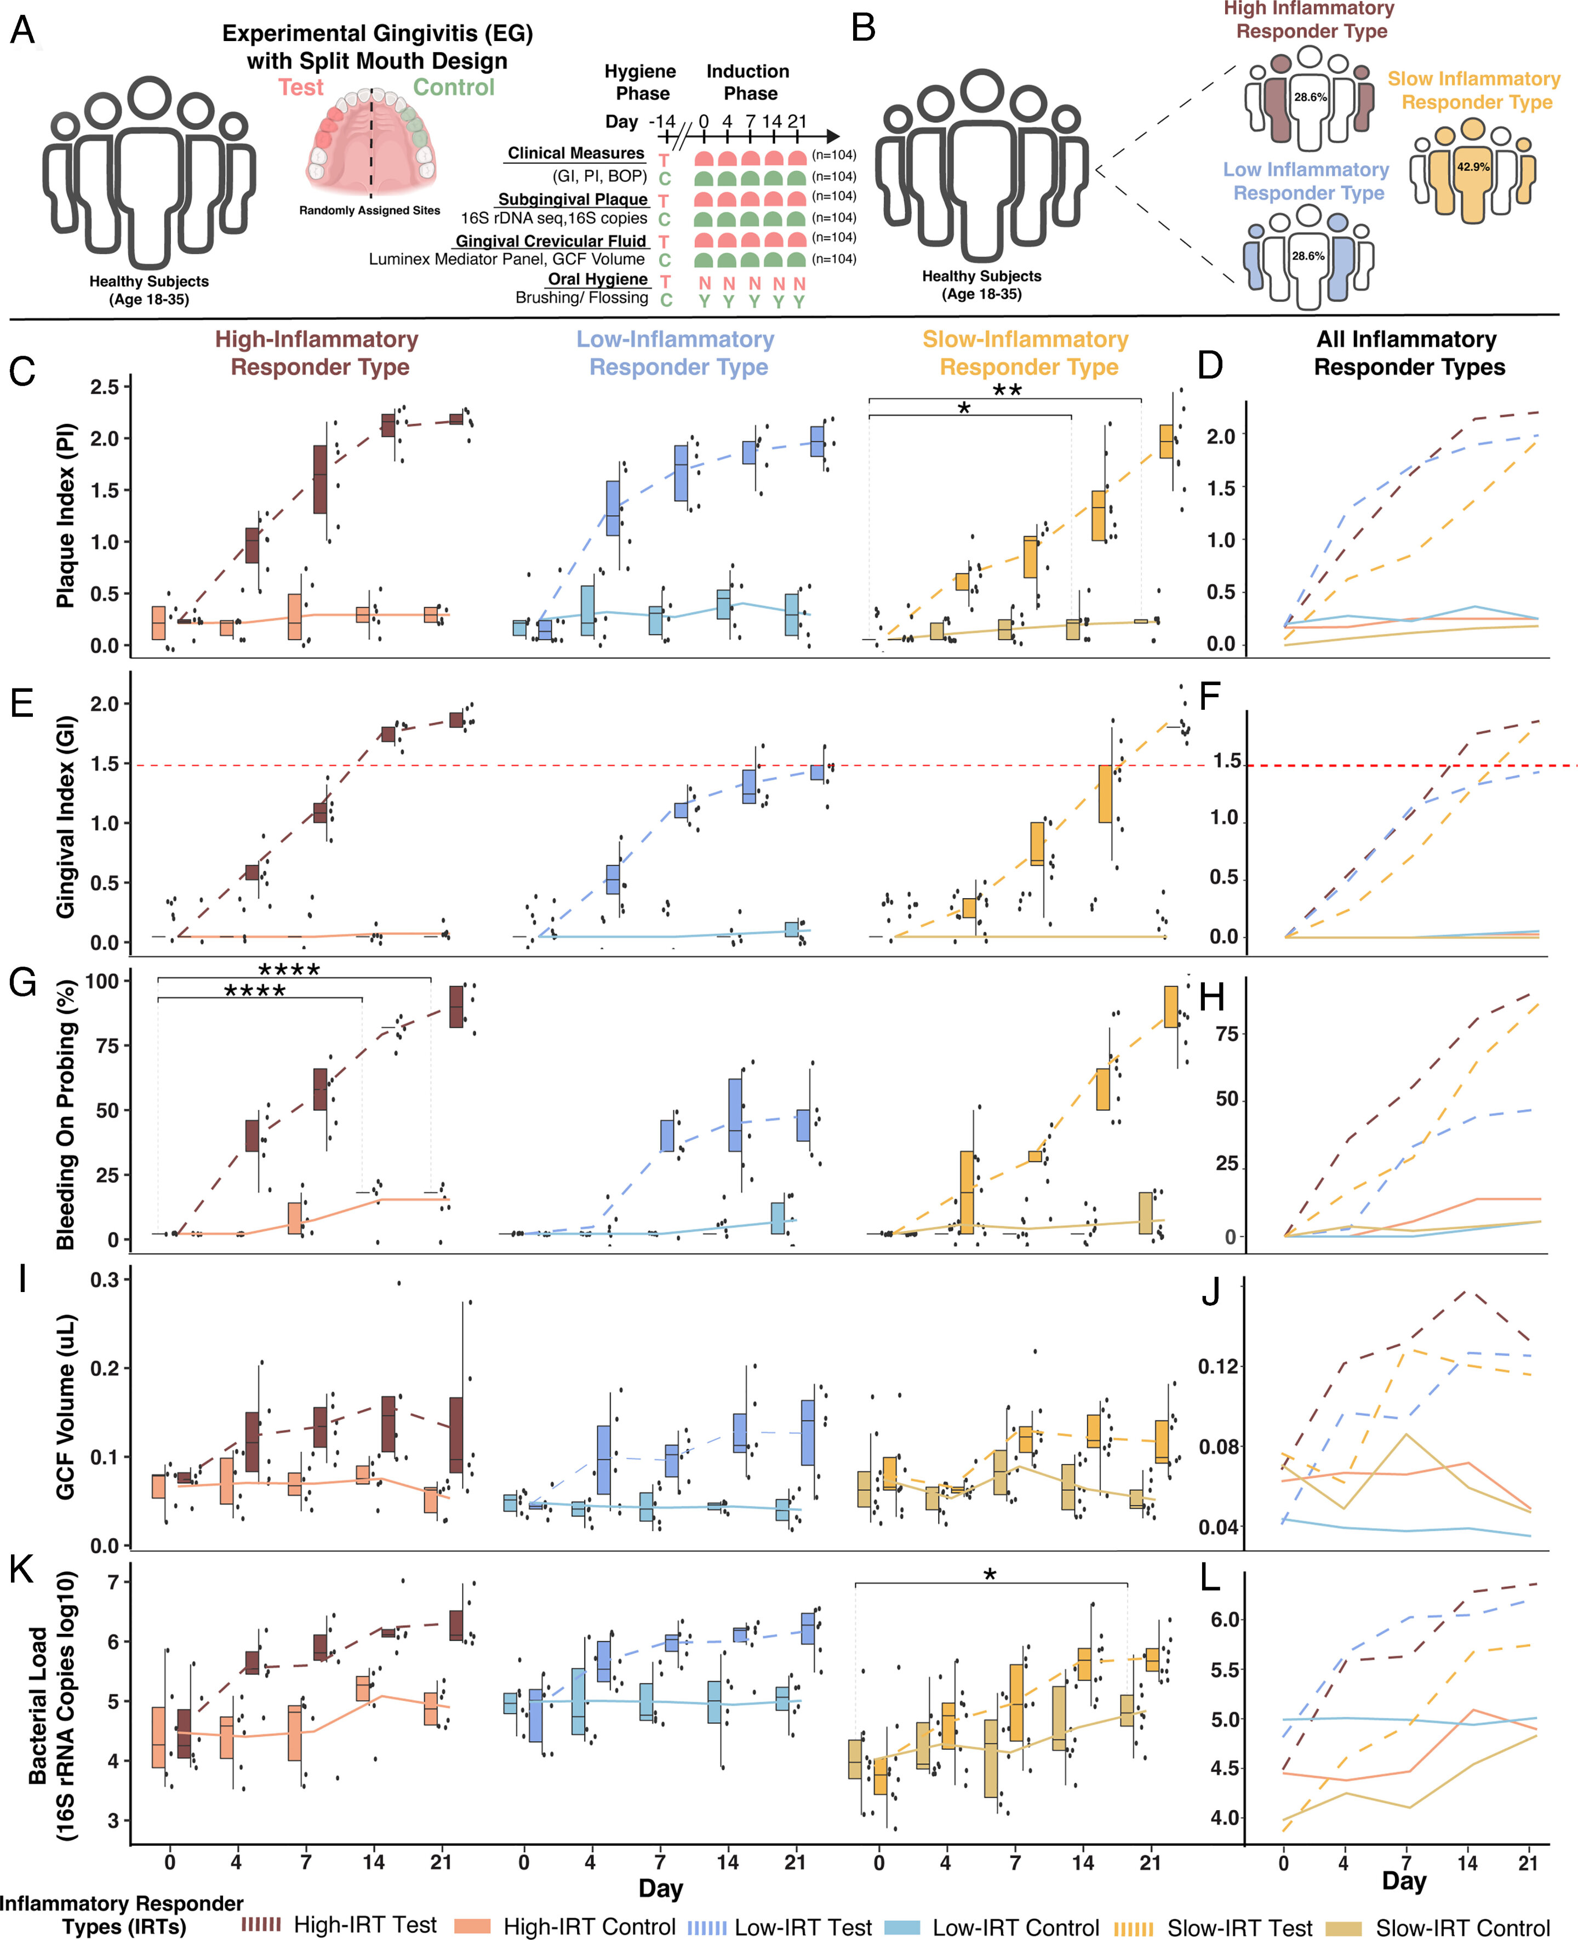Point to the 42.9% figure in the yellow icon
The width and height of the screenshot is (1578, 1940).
(x=1473, y=167)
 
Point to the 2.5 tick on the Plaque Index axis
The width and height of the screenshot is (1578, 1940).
(x=105, y=387)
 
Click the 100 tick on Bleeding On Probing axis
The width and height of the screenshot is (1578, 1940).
(x=102, y=982)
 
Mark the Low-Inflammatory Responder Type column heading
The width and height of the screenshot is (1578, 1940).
(x=676, y=353)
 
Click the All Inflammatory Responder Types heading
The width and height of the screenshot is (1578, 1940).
(x=1408, y=353)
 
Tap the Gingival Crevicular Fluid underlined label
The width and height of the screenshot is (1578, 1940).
(x=551, y=241)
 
